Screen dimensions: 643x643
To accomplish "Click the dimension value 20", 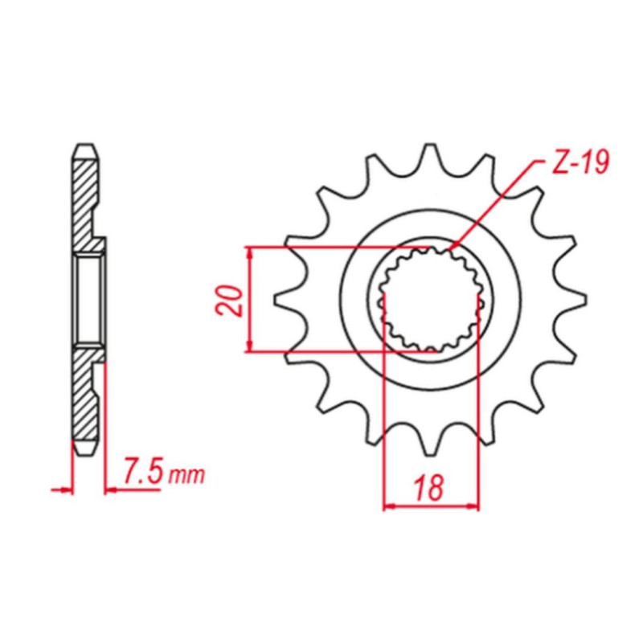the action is click(x=229, y=300).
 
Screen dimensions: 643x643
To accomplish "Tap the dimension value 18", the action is click(x=429, y=488).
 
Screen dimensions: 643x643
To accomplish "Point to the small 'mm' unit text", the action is click(x=186, y=475).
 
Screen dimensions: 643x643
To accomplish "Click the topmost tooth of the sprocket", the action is click(x=430, y=153).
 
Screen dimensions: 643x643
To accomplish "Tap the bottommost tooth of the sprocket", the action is click(x=430, y=446).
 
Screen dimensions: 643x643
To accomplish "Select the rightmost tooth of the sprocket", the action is click(x=575, y=299).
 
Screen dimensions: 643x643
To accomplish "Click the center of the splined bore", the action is click(x=430, y=299).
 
